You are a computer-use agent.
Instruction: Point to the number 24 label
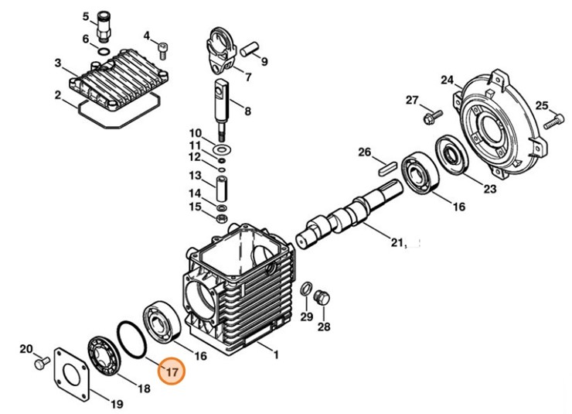click(x=446, y=80)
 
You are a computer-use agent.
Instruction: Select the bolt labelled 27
click(x=430, y=116)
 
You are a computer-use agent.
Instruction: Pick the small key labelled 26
click(x=387, y=164)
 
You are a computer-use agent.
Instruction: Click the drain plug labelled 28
click(x=323, y=298)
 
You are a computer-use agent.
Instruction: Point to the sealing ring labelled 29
click(x=306, y=290)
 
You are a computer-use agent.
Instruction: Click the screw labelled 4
click(x=162, y=50)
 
